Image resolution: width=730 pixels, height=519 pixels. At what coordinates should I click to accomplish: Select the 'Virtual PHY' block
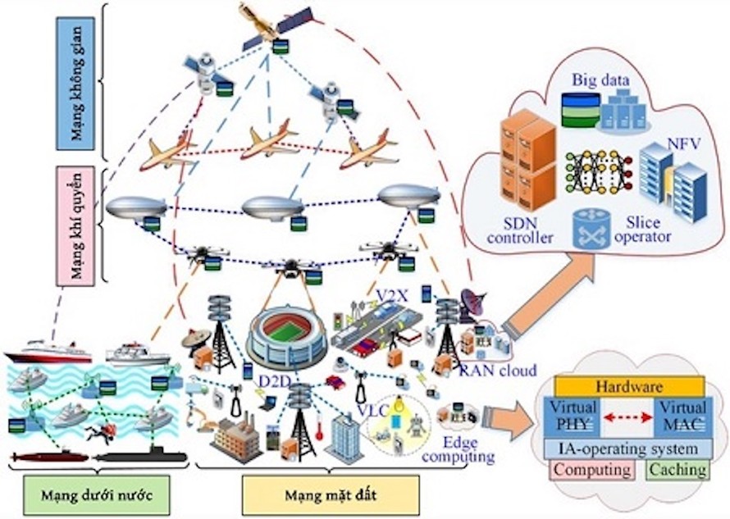(x=573, y=415)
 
